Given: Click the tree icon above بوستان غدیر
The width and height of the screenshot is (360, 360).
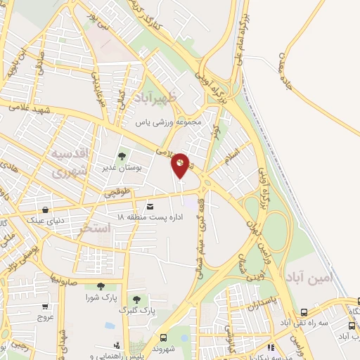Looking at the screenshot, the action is [x=122, y=156].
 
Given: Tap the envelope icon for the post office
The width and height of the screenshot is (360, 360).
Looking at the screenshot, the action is [x=150, y=207].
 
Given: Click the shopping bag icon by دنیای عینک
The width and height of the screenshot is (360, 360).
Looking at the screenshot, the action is [x=46, y=210].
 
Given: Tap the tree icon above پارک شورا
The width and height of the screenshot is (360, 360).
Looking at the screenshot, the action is [x=101, y=286].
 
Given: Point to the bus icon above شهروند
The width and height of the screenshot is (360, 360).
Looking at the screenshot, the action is [x=164, y=337].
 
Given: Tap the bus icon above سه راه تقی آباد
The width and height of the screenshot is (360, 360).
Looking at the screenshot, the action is [x=303, y=312].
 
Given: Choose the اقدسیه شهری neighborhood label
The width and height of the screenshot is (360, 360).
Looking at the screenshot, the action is [x=70, y=161].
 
